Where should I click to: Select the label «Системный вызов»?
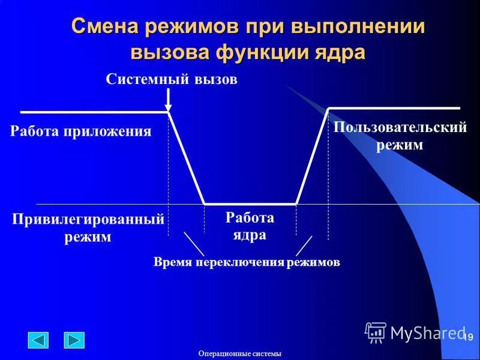point(172,80)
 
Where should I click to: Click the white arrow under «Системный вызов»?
point(169,98)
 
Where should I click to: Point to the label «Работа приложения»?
point(80,131)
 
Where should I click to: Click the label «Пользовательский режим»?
point(400,136)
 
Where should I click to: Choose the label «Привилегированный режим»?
point(88,228)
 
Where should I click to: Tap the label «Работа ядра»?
point(250,226)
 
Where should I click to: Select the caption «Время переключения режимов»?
point(247,262)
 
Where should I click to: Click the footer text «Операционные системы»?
point(240,353)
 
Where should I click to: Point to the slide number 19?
point(468,338)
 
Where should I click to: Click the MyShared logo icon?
point(376,332)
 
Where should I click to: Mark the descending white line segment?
point(187,158)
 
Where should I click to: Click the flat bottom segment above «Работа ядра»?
point(250,204)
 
